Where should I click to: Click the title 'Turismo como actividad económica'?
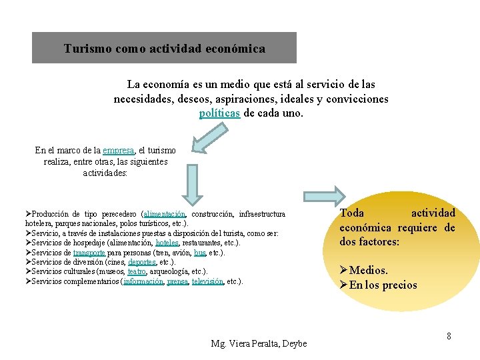point(164,49)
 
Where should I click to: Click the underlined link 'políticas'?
point(220,113)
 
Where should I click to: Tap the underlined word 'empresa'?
point(119,151)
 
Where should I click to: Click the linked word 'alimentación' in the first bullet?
point(165,214)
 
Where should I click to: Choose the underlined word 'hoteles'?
point(167,243)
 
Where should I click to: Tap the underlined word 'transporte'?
point(89,253)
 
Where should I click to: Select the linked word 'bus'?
point(200,253)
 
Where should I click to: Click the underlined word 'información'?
point(143,281)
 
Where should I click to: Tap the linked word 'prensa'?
point(177,281)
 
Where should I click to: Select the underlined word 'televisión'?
point(208,281)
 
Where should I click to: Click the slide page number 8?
point(449,336)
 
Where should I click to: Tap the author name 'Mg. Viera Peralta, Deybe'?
point(259,343)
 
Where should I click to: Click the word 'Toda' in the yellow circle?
point(352,213)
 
